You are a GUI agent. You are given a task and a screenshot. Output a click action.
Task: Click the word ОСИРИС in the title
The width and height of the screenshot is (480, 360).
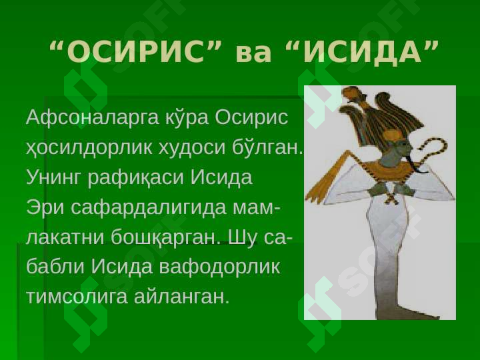click(135, 51)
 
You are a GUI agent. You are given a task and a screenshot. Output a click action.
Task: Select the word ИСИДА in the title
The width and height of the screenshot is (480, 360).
click(362, 51)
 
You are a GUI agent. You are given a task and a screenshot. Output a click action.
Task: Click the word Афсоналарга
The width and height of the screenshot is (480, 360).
click(93, 117)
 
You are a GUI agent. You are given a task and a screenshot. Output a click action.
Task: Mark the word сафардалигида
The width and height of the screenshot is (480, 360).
click(149, 208)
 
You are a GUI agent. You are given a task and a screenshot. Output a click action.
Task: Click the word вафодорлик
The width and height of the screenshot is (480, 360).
click(219, 267)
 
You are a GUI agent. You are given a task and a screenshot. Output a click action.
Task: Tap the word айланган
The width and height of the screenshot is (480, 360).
click(181, 297)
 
